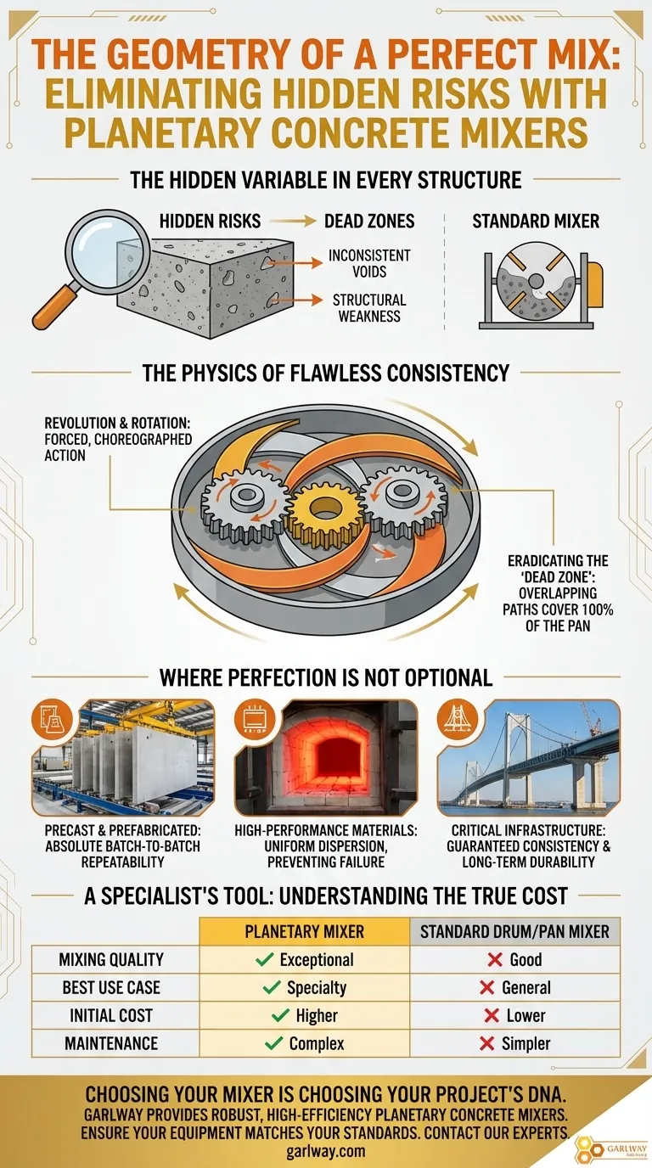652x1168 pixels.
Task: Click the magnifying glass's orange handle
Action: point(53,312)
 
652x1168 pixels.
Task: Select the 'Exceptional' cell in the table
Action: point(305,959)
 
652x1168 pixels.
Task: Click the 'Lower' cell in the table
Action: point(515,1015)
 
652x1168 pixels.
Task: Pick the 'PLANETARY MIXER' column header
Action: point(304,931)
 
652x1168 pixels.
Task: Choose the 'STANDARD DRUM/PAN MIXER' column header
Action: point(514,931)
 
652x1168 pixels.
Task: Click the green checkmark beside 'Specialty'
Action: point(272,987)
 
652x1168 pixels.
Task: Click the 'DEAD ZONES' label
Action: point(369,222)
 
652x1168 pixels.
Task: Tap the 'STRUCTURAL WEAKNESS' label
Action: point(368,308)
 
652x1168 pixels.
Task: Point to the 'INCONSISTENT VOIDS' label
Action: point(368,263)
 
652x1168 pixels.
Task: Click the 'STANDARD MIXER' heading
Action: point(536,222)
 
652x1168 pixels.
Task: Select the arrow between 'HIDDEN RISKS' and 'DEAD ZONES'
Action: point(293,222)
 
